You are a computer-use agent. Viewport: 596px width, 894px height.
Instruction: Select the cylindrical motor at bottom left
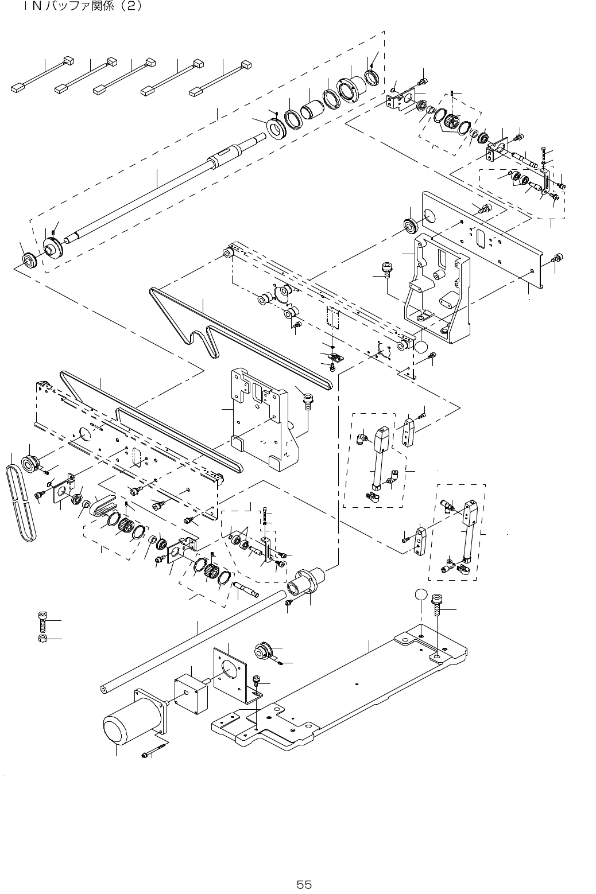tap(124, 726)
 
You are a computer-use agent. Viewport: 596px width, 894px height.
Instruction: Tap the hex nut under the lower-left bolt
tap(42, 639)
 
